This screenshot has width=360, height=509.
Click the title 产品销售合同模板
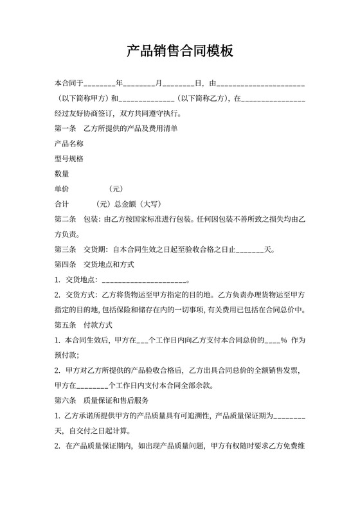coord(179,51)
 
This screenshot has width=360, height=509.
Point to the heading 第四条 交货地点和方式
coord(94,265)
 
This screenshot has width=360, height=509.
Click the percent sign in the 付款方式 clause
coord(283,341)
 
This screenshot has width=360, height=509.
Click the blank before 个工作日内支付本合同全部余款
coord(92,387)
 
